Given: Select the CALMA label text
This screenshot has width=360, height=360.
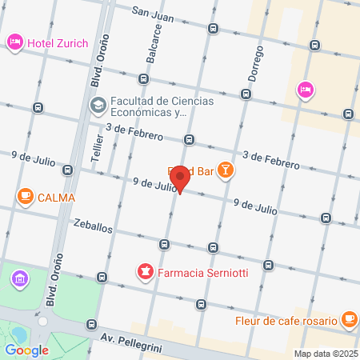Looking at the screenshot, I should (56, 197).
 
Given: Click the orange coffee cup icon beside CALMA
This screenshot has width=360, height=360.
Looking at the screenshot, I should (25, 197).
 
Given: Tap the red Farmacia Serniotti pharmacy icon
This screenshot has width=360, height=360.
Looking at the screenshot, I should (145, 274).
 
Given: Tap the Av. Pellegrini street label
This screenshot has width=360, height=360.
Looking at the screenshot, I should (133, 339).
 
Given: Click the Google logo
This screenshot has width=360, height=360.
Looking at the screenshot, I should (26, 350).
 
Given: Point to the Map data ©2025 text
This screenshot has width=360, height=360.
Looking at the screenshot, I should (325, 354).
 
